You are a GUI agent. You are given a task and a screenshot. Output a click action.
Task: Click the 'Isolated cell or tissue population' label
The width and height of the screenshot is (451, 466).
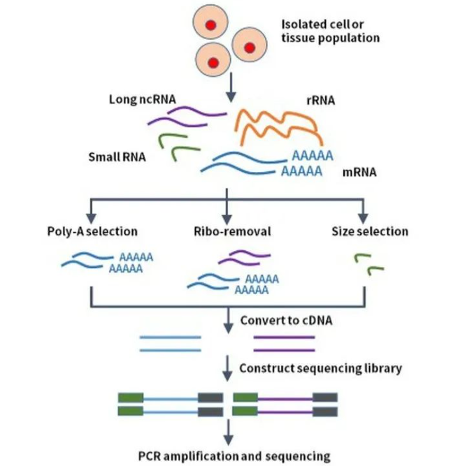click(x=331, y=30)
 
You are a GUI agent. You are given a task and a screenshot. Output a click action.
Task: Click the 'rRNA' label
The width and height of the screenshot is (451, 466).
click(x=322, y=101)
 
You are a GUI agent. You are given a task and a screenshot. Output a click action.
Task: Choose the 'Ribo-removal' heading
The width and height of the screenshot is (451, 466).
click(x=226, y=231)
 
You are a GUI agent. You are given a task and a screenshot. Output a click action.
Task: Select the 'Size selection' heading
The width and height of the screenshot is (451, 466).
click(x=369, y=231)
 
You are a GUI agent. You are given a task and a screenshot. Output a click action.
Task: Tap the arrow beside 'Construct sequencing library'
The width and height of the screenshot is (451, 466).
click(x=227, y=367)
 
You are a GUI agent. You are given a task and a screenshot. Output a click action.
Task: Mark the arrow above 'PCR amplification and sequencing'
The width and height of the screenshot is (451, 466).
click(x=227, y=433)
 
